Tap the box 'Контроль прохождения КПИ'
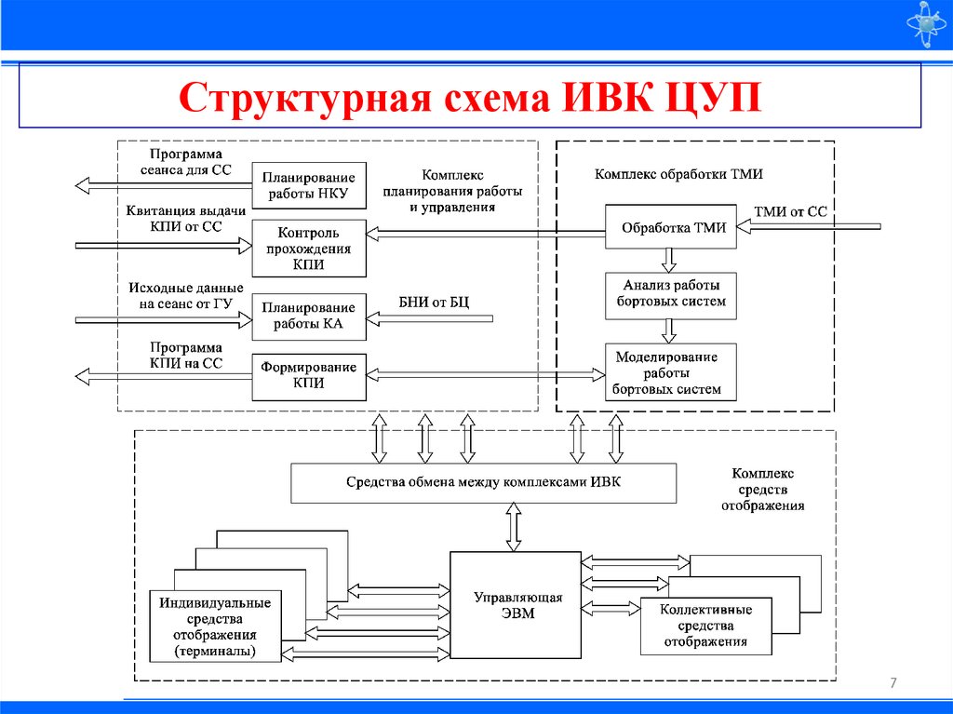point(308,248)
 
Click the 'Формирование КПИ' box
point(308,375)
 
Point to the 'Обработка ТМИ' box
point(670,227)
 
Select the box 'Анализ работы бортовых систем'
point(670,293)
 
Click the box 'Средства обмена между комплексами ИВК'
point(483,482)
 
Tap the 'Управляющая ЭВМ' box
point(516,605)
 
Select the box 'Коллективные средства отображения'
point(705,625)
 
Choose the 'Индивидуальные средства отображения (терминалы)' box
point(215,627)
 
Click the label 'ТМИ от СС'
point(791,212)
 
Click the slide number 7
point(893,684)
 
